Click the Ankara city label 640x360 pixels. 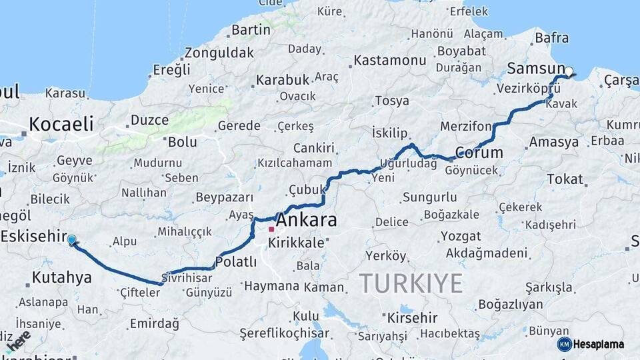[x=306, y=220]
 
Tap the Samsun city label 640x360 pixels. [x=535, y=69]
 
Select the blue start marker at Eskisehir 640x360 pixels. [x=71, y=239]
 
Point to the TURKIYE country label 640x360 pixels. [x=411, y=283]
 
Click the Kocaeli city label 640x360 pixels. [x=61, y=124]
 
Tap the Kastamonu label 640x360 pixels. [x=389, y=60]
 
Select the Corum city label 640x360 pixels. [x=479, y=152]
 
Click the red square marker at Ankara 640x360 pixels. [x=271, y=230]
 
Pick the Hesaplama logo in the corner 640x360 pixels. [x=591, y=344]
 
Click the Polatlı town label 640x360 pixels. [x=236, y=262]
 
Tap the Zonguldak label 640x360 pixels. [x=219, y=52]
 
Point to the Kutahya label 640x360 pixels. [x=61, y=277]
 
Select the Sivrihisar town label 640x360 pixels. [x=187, y=276]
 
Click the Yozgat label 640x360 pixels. [x=460, y=236]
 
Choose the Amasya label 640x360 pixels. [x=553, y=142]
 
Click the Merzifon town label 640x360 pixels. [x=465, y=126]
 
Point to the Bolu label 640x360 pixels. [x=182, y=141]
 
